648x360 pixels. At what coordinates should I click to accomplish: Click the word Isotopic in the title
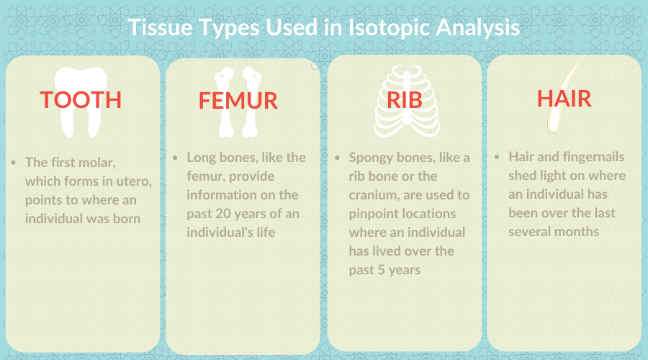pyautogui.click(x=389, y=27)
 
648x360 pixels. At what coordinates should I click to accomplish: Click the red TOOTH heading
pyautogui.click(x=81, y=100)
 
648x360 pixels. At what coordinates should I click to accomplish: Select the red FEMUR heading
pyautogui.click(x=238, y=101)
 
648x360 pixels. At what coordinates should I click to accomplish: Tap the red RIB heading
pyautogui.click(x=405, y=100)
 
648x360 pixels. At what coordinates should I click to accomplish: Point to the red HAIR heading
pyautogui.click(x=564, y=99)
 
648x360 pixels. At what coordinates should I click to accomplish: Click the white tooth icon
pyautogui.click(x=81, y=102)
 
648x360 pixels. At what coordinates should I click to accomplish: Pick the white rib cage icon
pyautogui.click(x=407, y=102)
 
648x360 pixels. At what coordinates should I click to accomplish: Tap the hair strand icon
pyautogui.click(x=563, y=99)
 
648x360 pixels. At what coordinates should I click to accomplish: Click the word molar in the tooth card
pyautogui.click(x=97, y=163)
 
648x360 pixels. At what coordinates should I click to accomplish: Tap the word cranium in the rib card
pyautogui.click(x=372, y=195)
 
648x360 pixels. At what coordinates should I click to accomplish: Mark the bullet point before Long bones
pyautogui.click(x=175, y=158)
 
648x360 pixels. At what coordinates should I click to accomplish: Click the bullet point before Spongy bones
pyautogui.click(x=337, y=158)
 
